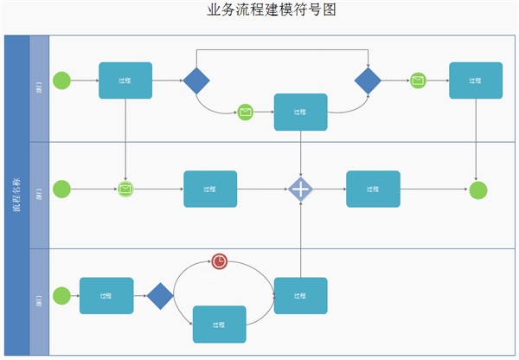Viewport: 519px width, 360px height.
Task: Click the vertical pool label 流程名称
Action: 16,195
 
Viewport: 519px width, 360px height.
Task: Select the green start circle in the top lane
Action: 61,80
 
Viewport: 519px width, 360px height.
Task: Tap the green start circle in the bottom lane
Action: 61,295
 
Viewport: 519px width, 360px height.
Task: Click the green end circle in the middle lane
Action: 478,190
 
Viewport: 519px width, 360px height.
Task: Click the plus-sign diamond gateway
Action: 300,190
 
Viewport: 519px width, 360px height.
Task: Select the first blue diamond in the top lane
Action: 196,81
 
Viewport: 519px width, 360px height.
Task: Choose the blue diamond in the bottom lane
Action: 160,296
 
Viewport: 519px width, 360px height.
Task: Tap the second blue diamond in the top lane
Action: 368,81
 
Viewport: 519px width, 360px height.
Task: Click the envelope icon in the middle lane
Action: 125,190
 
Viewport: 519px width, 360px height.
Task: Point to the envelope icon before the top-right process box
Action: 418,80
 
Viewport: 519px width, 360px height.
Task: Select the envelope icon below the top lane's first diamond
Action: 246,112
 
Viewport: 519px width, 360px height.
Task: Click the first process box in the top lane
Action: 125,80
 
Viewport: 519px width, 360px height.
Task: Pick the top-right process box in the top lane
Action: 476,80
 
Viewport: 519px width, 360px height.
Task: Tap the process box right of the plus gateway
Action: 373,190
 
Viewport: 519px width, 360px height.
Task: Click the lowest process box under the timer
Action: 219,325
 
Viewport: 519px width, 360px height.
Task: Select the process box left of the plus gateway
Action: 210,190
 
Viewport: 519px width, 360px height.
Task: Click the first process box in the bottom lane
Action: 106,295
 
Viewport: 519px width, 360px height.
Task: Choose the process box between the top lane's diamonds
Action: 300,112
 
